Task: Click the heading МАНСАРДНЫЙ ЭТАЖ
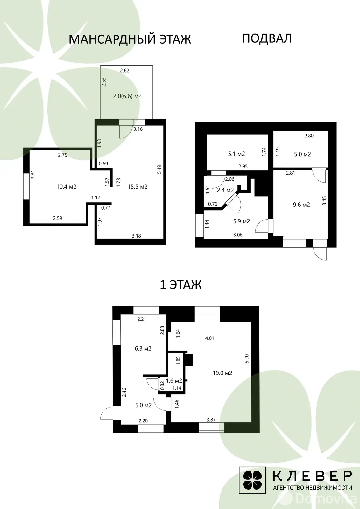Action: tap(130, 39)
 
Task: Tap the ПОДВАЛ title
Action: tap(267, 38)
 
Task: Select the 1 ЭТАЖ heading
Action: tap(180, 285)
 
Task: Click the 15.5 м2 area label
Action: tap(138, 186)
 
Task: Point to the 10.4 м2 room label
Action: tap(67, 186)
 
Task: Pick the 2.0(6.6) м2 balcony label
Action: tap(127, 96)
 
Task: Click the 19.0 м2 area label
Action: tap(222, 373)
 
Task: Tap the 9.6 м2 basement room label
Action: tap(301, 205)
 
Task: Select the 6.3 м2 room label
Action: tap(143, 348)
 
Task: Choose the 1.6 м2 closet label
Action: tap(174, 380)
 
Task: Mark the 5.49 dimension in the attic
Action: tap(159, 169)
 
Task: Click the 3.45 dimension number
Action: tap(324, 201)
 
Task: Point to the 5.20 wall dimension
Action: tap(247, 359)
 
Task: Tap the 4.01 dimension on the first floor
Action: tap(209, 338)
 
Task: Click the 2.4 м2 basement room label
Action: tap(225, 190)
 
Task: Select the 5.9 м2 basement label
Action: tap(242, 221)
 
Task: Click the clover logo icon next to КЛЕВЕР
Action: tap(252, 480)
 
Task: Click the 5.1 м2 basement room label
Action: tap(236, 154)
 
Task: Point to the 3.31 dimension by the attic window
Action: tap(33, 175)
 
